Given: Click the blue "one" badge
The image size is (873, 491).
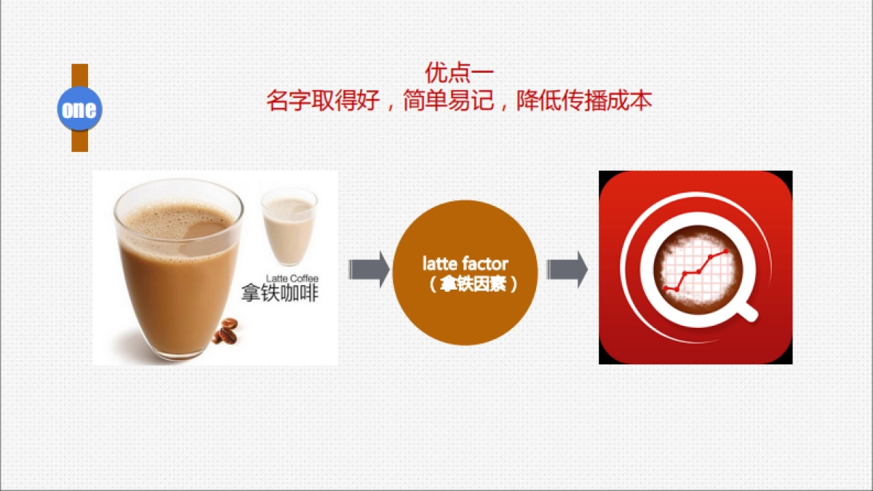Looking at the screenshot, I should click(79, 109).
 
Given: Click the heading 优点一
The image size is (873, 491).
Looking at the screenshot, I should click(458, 73).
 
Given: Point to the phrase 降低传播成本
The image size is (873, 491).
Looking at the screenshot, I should click(583, 100).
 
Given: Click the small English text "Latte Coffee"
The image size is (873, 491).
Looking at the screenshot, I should click(292, 279).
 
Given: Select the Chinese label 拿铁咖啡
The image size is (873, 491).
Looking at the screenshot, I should click(280, 294).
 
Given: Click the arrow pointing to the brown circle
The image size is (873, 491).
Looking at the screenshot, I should click(369, 270).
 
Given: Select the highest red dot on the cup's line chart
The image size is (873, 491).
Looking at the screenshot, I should click(726, 250).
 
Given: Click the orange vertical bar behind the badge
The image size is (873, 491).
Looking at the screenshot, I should click(79, 138).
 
